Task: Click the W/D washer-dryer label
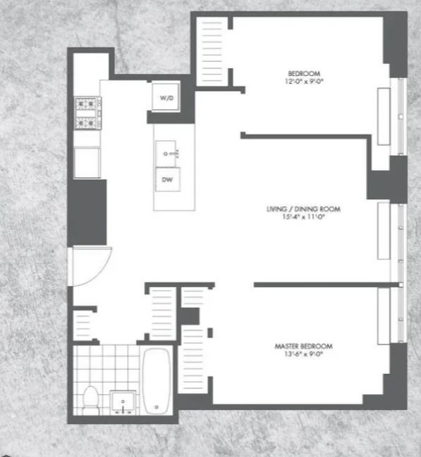click(x=166, y=98)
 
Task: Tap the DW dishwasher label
click(x=167, y=180)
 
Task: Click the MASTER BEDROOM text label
click(x=303, y=346)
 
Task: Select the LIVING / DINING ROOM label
click(x=303, y=209)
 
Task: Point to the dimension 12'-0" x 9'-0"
click(x=304, y=81)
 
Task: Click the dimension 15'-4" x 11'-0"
click(x=303, y=217)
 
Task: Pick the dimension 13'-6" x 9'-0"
click(x=303, y=354)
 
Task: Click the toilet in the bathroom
click(x=90, y=400)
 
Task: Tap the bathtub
click(x=156, y=381)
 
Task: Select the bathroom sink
click(x=123, y=402)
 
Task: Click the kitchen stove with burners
click(x=87, y=113)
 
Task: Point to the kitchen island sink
click(x=166, y=154)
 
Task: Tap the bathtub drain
click(x=157, y=407)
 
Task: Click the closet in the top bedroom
click(x=212, y=51)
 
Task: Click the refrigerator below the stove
click(x=87, y=163)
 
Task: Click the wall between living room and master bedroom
click(x=327, y=284)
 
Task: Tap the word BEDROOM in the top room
click(x=304, y=73)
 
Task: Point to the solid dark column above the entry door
click(x=87, y=213)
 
